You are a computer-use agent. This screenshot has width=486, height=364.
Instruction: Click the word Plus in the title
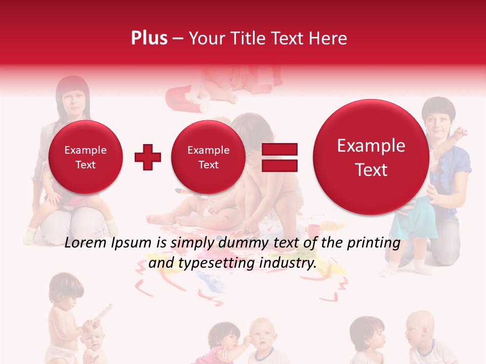(149, 38)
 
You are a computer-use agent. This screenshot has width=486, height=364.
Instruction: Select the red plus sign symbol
(148, 157)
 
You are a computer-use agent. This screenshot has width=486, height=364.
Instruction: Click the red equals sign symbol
(279, 157)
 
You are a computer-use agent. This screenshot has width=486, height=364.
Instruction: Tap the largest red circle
(371, 157)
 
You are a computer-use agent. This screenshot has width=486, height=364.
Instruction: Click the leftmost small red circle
(85, 157)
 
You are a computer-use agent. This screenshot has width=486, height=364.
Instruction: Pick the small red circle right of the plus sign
(208, 157)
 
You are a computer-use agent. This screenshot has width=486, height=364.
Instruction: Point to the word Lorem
(83, 243)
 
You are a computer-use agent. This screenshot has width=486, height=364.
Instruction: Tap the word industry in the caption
(289, 263)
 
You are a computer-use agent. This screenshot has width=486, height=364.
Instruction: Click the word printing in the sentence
(374, 243)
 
